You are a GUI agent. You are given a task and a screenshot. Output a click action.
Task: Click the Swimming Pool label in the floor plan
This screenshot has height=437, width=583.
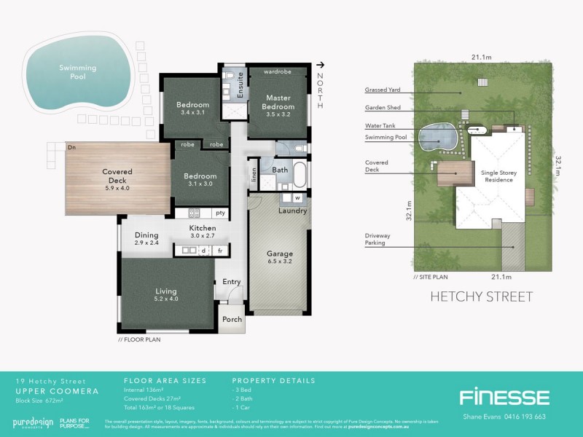pyautogui.click(x=78, y=71)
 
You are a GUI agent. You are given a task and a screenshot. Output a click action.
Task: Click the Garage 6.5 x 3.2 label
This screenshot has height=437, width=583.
pyautogui.click(x=281, y=258)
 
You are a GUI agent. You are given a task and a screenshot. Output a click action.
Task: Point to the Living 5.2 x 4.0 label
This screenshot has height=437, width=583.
pyautogui.click(x=165, y=294)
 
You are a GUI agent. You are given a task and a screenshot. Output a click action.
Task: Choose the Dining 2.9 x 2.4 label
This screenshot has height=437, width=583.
pyautogui.click(x=146, y=238)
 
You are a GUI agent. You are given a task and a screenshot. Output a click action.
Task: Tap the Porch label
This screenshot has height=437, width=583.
pyautogui.click(x=232, y=320)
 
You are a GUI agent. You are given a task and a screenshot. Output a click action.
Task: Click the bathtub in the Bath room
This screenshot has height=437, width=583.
pyautogui.click(x=300, y=177)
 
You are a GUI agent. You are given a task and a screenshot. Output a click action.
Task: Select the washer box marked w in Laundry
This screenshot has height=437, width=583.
pyautogui.click(x=297, y=197)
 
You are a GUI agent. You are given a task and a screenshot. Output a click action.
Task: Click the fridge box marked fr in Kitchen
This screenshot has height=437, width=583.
pyautogui.click(x=219, y=251)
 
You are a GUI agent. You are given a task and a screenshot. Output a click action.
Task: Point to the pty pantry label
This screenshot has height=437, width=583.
pyautogui.click(x=219, y=213)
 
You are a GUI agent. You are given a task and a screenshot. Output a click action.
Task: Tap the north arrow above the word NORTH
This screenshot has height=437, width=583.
pyautogui.click(x=320, y=66)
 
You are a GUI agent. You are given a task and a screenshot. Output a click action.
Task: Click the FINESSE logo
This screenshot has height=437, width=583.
pyautogui.click(x=504, y=397)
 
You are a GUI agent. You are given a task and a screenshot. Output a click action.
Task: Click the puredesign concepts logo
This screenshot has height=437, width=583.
pyautogui.click(x=33, y=422)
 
